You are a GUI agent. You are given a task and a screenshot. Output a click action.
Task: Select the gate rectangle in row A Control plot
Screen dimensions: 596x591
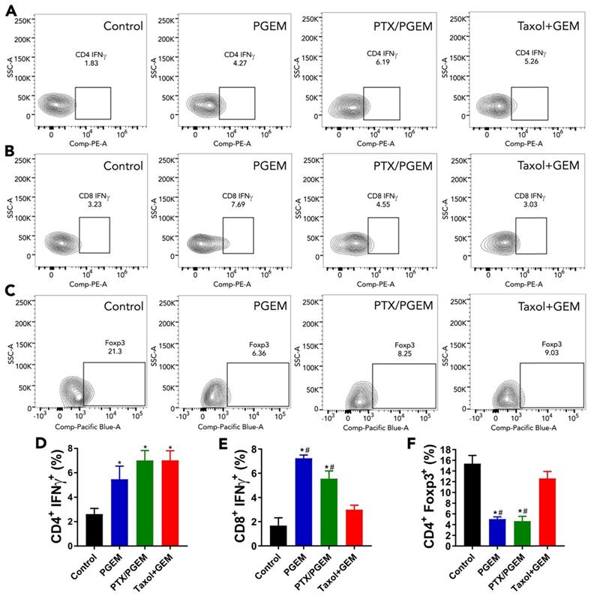tap(93, 102)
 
